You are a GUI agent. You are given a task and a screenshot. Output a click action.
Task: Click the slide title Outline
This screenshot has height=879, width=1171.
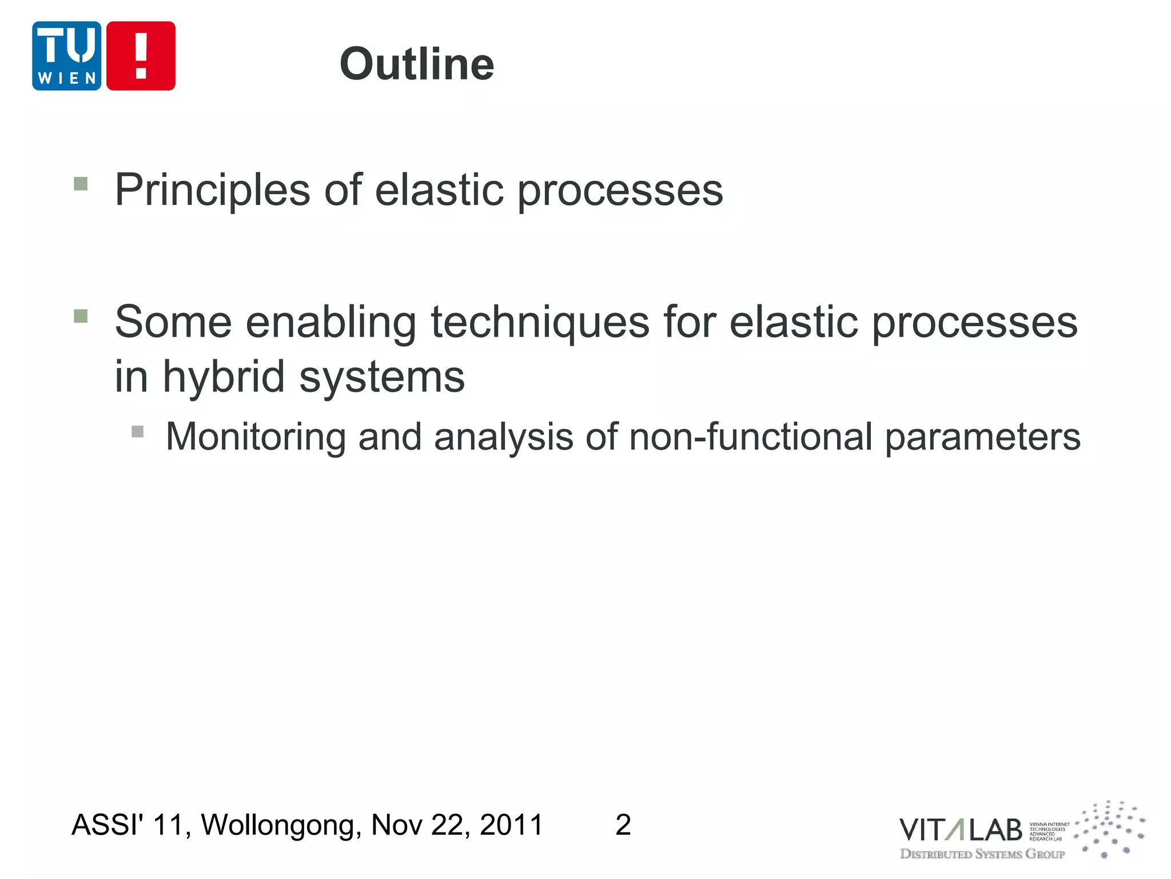coord(416,64)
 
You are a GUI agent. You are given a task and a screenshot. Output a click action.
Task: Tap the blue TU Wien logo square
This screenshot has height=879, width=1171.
coord(66,56)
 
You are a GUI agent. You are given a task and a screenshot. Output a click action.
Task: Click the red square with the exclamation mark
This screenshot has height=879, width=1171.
coord(141,56)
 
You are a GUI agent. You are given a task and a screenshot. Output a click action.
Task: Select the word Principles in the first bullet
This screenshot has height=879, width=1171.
coord(212,190)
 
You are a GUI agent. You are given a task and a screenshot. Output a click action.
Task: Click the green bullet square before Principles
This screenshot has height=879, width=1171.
coord(81,184)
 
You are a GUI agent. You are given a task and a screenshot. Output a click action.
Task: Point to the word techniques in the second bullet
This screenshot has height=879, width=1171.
coord(540,322)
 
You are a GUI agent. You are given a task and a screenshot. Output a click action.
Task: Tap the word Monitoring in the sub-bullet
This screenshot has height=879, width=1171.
coord(256,437)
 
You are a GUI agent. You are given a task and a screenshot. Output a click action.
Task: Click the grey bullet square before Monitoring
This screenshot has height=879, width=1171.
coord(137,431)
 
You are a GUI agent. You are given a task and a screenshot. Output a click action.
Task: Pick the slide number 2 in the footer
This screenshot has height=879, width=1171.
coord(623,825)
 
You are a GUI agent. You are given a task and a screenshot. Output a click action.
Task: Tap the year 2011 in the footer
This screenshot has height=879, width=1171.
coord(511,825)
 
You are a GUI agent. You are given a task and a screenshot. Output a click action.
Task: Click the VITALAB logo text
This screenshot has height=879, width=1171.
coord(960,830)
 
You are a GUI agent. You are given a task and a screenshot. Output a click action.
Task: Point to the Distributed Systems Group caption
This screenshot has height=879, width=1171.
coord(982,854)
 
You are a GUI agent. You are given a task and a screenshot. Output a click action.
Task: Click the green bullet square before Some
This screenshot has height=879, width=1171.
coord(81,316)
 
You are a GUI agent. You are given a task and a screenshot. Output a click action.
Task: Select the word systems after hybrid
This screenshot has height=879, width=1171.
coord(382,378)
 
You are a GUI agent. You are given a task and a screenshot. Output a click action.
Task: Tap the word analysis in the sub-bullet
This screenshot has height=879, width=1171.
coord(503,437)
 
